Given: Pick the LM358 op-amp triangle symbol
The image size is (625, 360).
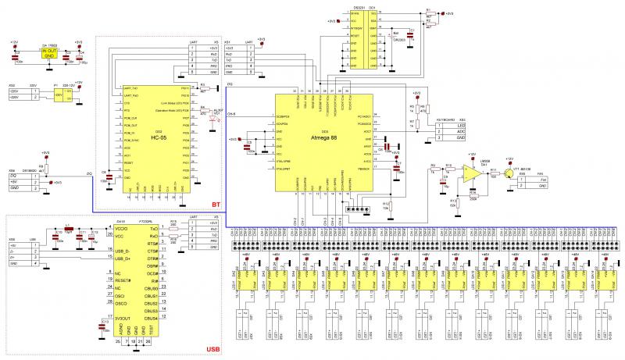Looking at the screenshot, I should coord(470,177).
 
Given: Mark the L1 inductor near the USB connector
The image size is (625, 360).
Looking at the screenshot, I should coord(69,231).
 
